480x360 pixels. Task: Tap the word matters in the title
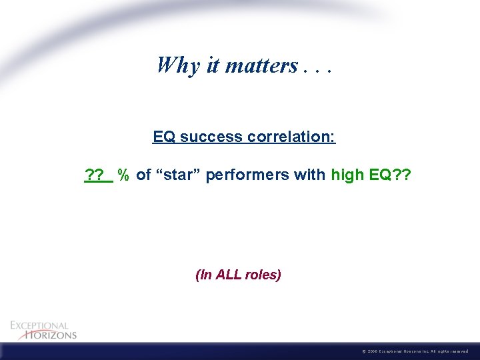click(x=262, y=65)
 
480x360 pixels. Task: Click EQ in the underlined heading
click(x=164, y=137)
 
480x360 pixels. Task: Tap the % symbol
click(x=123, y=175)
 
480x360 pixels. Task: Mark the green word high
click(x=347, y=175)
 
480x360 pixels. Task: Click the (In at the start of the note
click(x=203, y=275)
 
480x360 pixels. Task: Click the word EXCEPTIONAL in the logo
click(x=39, y=325)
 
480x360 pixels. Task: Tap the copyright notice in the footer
click(x=416, y=351)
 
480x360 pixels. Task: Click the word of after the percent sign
click(x=143, y=175)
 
